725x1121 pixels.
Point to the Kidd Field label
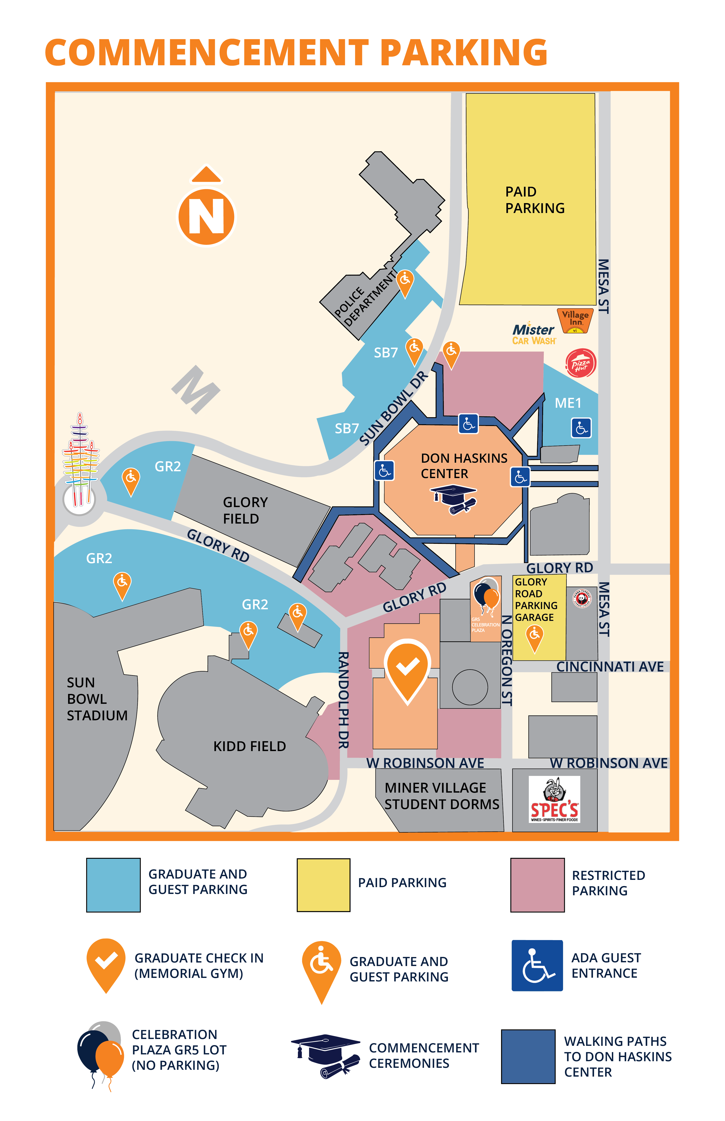[x=250, y=746]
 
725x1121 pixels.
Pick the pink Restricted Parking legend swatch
[x=537, y=885]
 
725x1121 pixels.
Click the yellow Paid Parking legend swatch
[x=323, y=885]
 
